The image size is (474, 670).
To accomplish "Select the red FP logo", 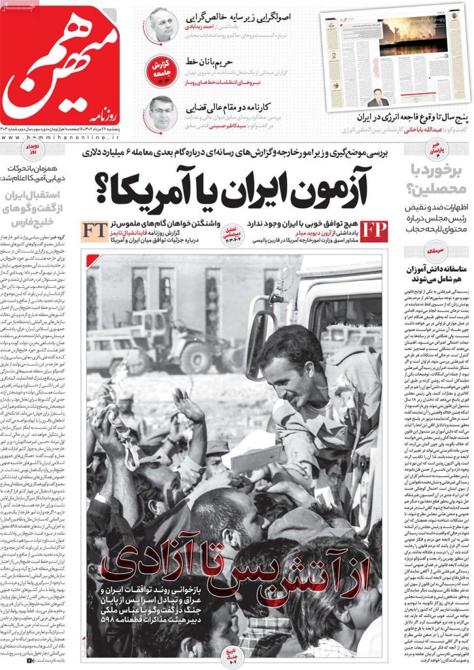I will tap(374, 232).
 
